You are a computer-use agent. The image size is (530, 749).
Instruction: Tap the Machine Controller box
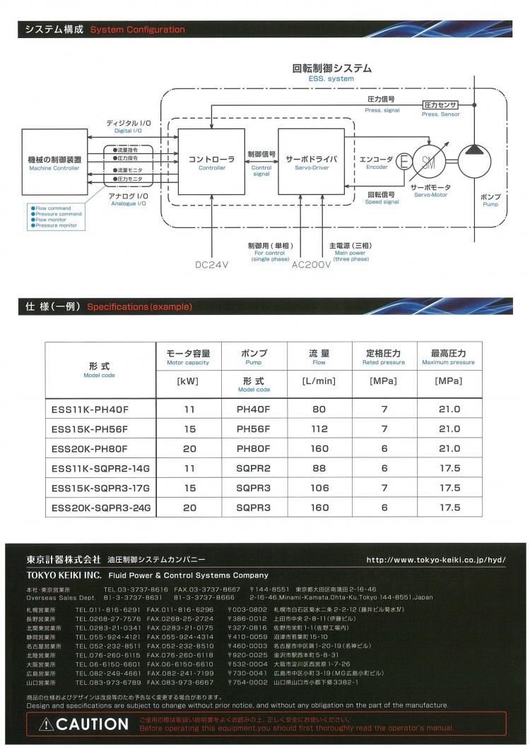coord(54,162)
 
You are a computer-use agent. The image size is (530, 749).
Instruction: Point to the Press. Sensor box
coord(440,104)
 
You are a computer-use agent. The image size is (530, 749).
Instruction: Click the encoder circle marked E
coord(404,162)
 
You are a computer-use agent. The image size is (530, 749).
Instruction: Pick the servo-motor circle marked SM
coord(429,162)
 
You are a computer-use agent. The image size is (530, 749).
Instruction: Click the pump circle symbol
coord(475,162)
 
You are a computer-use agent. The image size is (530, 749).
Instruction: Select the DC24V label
coord(213,265)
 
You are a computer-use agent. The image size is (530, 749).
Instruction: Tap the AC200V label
coord(311,265)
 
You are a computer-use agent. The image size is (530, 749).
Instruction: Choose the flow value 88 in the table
coord(319,468)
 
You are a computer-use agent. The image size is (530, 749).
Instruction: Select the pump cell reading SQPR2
coord(254,468)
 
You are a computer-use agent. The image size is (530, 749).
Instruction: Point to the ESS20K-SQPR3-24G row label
coord(101,508)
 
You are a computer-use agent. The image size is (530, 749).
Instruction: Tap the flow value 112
coord(319,429)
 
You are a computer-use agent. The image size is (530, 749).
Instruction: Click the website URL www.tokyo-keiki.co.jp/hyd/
coord(436,560)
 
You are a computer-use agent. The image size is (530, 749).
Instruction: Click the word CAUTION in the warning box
coord(92,724)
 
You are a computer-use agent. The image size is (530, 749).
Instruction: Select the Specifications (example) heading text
coord(139,307)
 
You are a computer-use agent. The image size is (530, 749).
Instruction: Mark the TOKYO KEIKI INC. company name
coord(64,575)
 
